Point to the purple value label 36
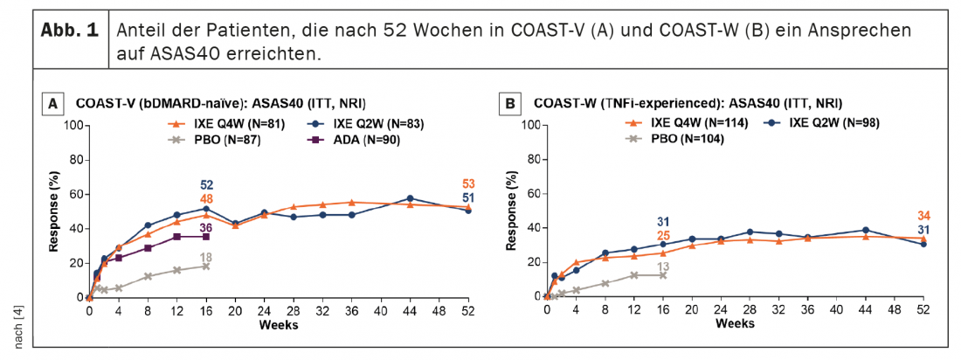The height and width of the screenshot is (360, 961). pos(206,227)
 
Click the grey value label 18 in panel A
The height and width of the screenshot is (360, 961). pos(206,257)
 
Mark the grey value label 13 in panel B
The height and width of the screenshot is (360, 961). pos(663,267)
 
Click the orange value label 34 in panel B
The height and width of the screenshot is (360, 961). pos(923,216)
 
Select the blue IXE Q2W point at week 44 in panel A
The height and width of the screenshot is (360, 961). pos(410,198)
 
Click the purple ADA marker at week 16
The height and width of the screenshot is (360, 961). pos(206,237)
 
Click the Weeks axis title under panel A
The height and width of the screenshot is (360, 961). pos(278,324)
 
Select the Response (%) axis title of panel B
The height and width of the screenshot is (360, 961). pos(509,211)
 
